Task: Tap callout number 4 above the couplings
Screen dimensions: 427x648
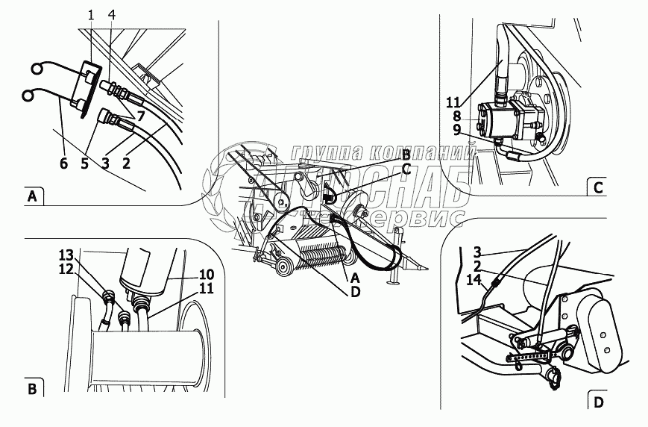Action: [x=111, y=15]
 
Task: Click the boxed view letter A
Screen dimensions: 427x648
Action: [x=31, y=197]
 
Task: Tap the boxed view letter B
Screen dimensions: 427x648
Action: [x=32, y=388]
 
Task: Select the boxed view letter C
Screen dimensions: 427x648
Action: [x=598, y=188]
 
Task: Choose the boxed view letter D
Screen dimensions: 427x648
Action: [x=598, y=403]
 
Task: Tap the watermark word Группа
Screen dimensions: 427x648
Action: [x=324, y=153]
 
